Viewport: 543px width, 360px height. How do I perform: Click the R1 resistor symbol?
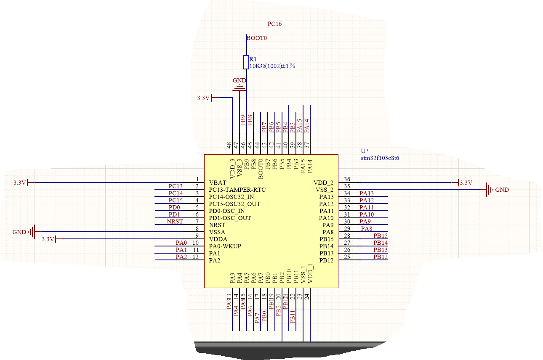(246, 62)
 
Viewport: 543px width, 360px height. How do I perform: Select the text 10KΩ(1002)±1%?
(272, 66)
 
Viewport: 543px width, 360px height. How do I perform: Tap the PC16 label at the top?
(274, 24)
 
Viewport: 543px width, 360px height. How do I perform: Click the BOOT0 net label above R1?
(257, 38)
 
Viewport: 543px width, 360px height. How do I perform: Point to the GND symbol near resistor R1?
(240, 86)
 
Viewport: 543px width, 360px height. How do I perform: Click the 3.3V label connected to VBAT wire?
(20, 183)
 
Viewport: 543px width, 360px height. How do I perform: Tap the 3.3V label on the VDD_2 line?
(466, 183)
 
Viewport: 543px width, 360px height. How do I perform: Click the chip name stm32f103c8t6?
(380, 159)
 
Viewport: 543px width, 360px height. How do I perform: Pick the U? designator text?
(365, 151)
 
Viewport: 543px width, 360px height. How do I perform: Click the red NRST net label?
(175, 221)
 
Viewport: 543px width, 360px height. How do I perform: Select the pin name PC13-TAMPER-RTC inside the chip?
(237, 190)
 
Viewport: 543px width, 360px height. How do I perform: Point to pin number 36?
(347, 180)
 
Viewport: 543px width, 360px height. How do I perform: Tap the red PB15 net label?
(380, 236)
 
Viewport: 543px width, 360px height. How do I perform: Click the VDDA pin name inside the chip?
(218, 239)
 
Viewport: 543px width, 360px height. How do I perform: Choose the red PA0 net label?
(181, 243)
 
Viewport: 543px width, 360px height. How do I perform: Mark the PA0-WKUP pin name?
(225, 246)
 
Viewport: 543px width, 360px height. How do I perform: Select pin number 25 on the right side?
(347, 257)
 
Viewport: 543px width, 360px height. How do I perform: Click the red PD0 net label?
(174, 207)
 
